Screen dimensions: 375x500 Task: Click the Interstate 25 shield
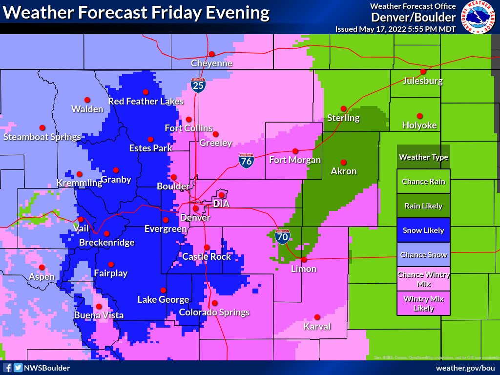pyautogui.click(x=198, y=85)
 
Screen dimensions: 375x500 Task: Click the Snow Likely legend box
pyautogui.click(x=423, y=230)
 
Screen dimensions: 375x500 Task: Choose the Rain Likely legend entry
pyautogui.click(x=423, y=206)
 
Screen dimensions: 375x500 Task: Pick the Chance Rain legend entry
pyautogui.click(x=423, y=182)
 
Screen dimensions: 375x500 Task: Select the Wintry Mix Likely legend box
pyautogui.click(x=423, y=303)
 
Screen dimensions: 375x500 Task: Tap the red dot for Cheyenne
pyautogui.click(x=212, y=54)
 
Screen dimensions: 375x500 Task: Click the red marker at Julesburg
pyautogui.click(x=423, y=71)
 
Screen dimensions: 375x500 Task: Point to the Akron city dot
pyautogui.click(x=343, y=162)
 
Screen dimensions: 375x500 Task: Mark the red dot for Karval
pyautogui.click(x=317, y=317)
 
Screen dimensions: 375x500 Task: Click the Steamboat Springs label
pyautogui.click(x=42, y=137)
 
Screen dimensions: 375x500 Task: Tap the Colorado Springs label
pyautogui.click(x=214, y=312)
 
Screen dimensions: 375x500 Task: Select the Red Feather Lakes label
pyautogui.click(x=146, y=102)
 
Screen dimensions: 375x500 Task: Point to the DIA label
pyautogui.click(x=221, y=204)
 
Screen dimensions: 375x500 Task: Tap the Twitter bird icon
pyautogui.click(x=18, y=368)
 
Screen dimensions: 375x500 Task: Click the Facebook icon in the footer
pyautogui.click(x=7, y=368)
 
